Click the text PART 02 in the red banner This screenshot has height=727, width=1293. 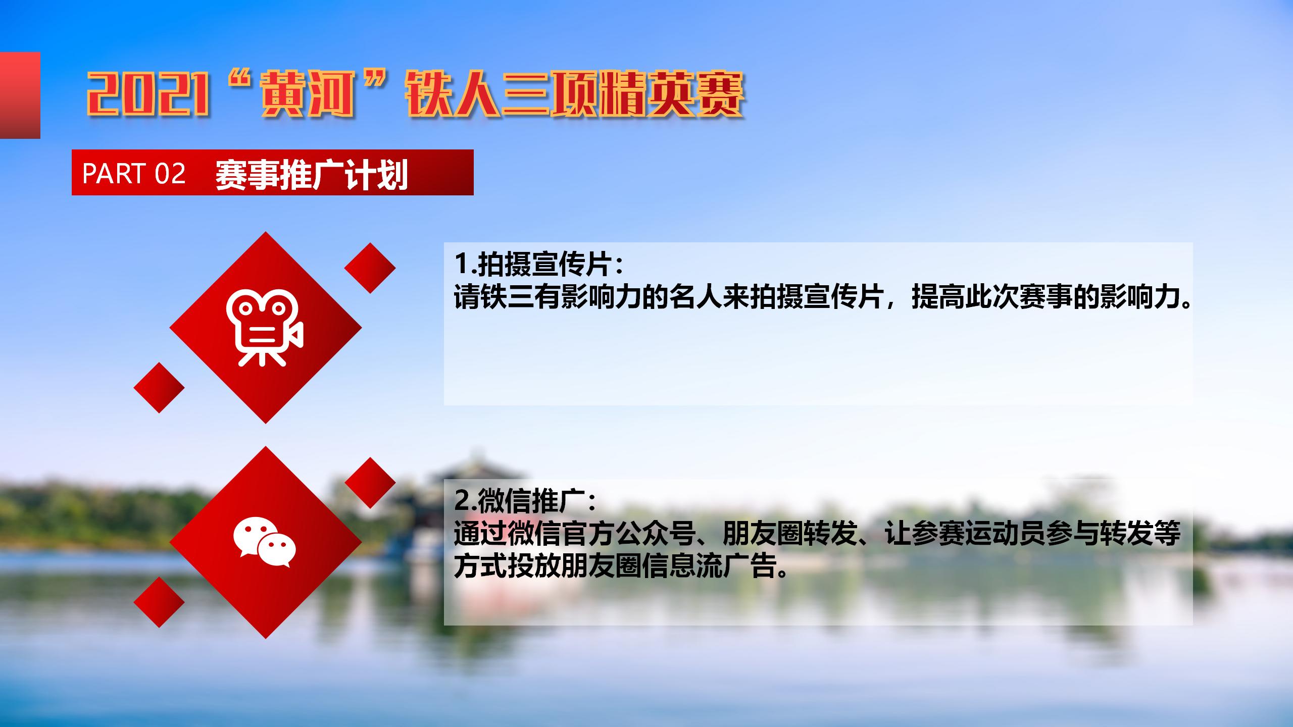point(134,173)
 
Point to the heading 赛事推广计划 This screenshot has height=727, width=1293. point(311,174)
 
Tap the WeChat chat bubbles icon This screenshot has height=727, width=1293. point(265,542)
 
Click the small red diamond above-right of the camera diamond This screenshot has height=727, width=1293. point(370,268)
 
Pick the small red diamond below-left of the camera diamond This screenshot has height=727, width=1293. point(159,388)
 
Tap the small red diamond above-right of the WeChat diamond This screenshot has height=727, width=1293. point(370,483)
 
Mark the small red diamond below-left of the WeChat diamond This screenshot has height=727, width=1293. point(159,602)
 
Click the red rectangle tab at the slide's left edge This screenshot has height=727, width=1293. point(20,95)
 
